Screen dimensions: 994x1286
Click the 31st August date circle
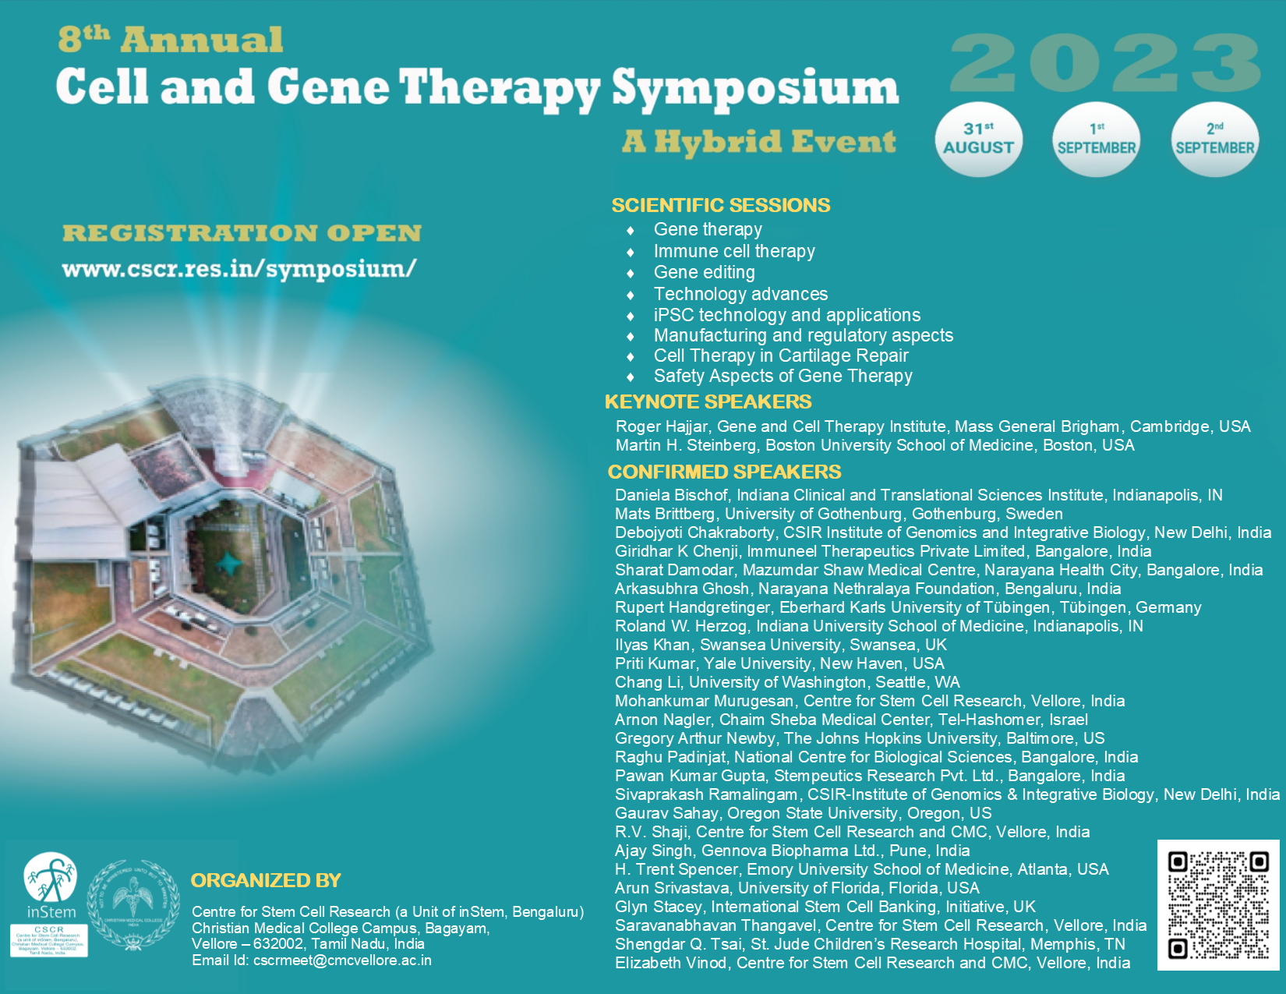(x=978, y=139)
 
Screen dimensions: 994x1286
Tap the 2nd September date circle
(x=1214, y=139)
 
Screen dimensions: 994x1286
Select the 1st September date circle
(x=1096, y=139)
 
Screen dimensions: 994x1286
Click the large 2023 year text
(x=1104, y=64)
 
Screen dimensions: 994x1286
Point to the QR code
(x=1217, y=904)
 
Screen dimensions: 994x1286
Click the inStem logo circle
(x=51, y=877)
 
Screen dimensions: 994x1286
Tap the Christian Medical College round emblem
(x=132, y=904)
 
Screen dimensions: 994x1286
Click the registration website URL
(x=239, y=269)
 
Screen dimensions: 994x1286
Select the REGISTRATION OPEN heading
(x=242, y=233)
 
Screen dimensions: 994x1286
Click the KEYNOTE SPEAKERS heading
(x=708, y=402)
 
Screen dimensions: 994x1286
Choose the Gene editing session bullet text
(x=704, y=273)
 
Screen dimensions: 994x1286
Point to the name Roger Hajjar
(x=662, y=426)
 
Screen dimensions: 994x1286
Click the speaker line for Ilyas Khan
(x=780, y=645)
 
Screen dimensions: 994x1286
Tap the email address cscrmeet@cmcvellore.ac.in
(x=342, y=960)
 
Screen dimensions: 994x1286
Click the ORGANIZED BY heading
(x=266, y=881)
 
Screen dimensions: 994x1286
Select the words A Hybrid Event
(x=759, y=142)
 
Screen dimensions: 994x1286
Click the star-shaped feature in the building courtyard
(x=228, y=562)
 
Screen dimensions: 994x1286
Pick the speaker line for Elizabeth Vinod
(x=872, y=963)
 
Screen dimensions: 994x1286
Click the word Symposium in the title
(x=754, y=87)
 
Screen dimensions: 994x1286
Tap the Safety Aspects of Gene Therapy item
(x=783, y=377)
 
